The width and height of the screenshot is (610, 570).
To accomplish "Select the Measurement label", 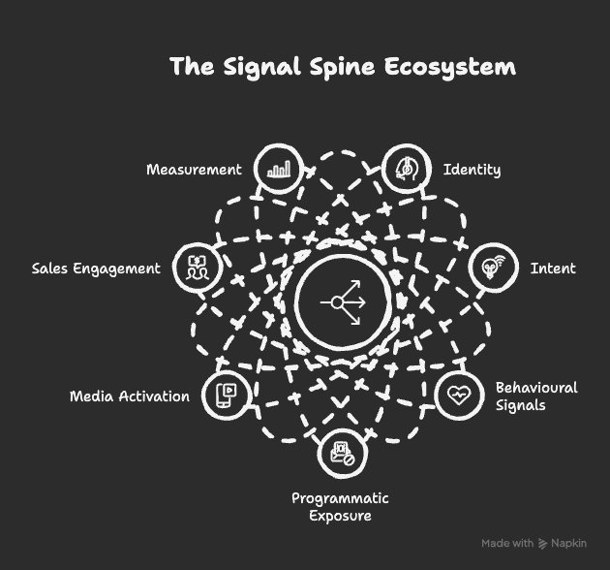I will click(194, 170).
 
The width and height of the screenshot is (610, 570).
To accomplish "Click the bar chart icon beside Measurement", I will click(279, 169).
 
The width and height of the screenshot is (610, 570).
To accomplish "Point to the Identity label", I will click(472, 170).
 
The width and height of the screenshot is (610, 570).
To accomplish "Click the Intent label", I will click(553, 268).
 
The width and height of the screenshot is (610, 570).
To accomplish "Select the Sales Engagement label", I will click(96, 269).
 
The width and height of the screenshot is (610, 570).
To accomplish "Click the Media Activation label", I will click(130, 396).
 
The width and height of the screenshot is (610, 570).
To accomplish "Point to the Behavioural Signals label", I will click(535, 396).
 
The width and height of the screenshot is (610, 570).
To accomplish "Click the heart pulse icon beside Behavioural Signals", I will click(459, 395).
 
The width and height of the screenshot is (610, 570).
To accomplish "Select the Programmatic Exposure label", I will click(340, 507).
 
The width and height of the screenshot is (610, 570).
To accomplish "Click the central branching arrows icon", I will click(345, 302).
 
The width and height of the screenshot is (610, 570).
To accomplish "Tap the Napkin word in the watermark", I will click(568, 543).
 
